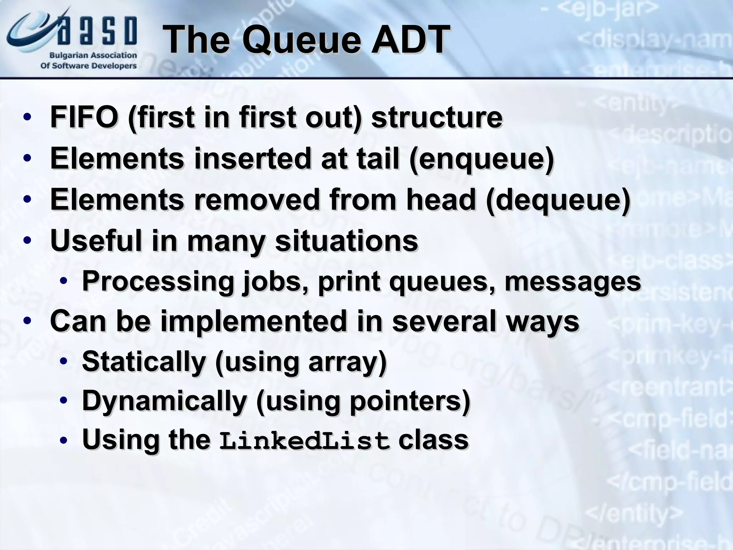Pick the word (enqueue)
pyautogui.click(x=482, y=159)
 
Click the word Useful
pyautogui.click(x=96, y=240)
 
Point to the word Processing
pyautogui.click(x=158, y=281)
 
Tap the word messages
pyautogui.click(x=573, y=281)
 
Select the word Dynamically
pyautogui.click(x=164, y=401)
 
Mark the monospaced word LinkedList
pyautogui.click(x=305, y=441)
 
